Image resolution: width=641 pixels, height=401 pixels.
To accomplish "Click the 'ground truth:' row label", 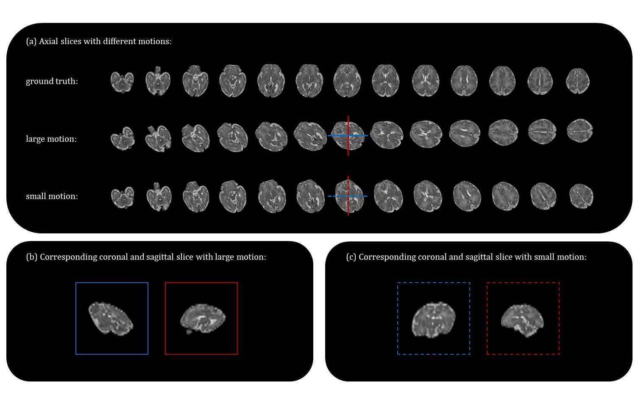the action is point(52,81).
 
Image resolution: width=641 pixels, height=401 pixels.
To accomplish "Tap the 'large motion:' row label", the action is point(51,139).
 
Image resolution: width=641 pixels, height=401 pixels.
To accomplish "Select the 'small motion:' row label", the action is point(52,196).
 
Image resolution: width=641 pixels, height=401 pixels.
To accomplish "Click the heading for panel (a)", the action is point(99,41).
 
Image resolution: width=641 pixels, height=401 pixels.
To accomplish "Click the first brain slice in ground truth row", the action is point(122,81).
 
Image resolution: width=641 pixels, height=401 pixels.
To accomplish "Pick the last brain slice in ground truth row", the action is point(578,81).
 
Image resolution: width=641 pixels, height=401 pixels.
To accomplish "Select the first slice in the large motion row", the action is point(123,138).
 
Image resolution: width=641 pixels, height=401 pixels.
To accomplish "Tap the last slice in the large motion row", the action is point(580,131).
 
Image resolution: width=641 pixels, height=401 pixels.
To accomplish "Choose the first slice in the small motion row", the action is point(123,196).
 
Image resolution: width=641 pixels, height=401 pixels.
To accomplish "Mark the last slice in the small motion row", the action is point(581,196).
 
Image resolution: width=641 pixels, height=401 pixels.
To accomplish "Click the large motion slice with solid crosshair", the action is point(348,135).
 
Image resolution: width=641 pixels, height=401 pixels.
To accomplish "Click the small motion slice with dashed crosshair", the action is point(348,196).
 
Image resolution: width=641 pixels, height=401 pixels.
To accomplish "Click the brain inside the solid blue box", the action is point(111,317).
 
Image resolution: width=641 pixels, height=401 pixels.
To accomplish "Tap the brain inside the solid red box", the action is point(202,318).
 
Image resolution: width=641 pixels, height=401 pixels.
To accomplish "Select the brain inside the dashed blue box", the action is point(433,320).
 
